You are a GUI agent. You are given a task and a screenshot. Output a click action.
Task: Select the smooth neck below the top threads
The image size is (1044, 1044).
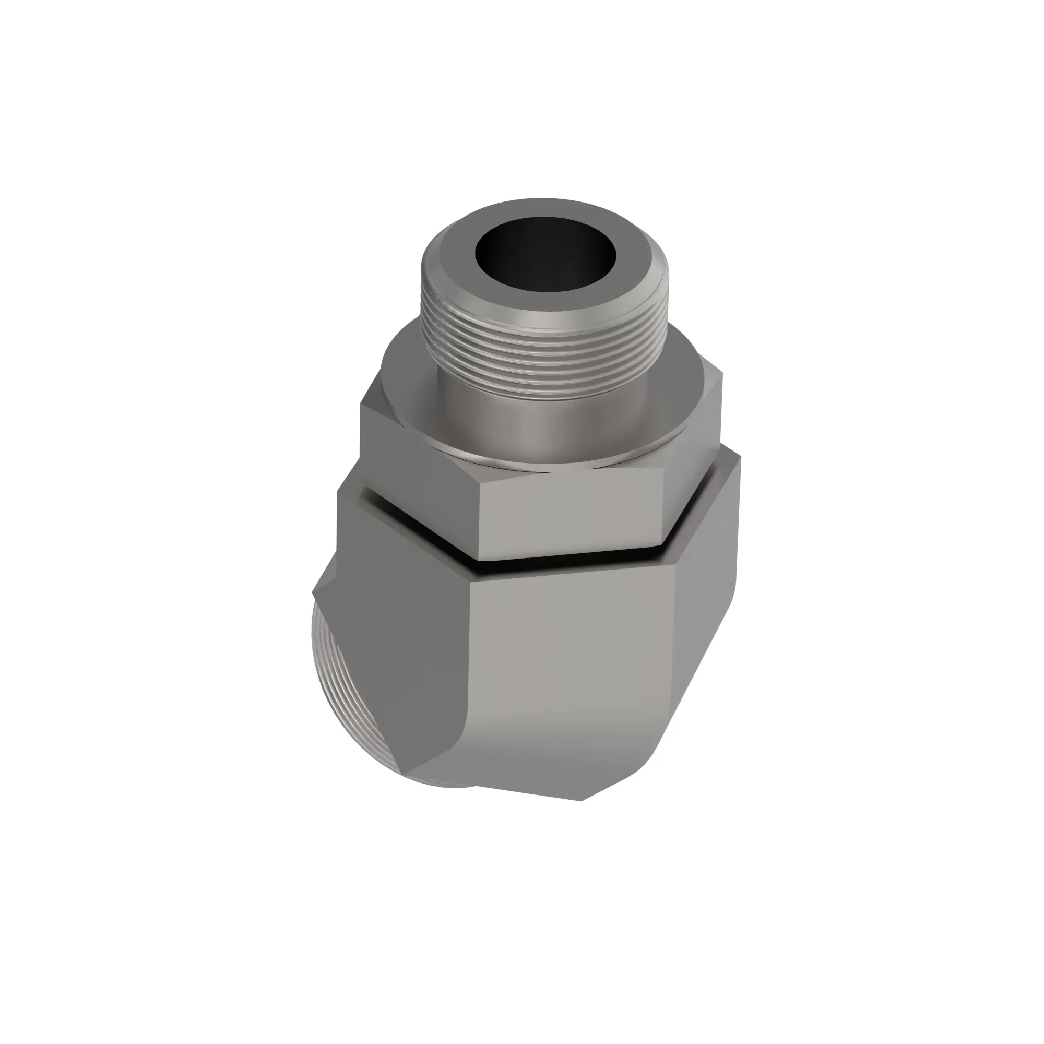tap(540, 419)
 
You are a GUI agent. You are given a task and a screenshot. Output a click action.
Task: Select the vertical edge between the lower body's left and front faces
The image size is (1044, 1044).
tap(469, 675)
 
